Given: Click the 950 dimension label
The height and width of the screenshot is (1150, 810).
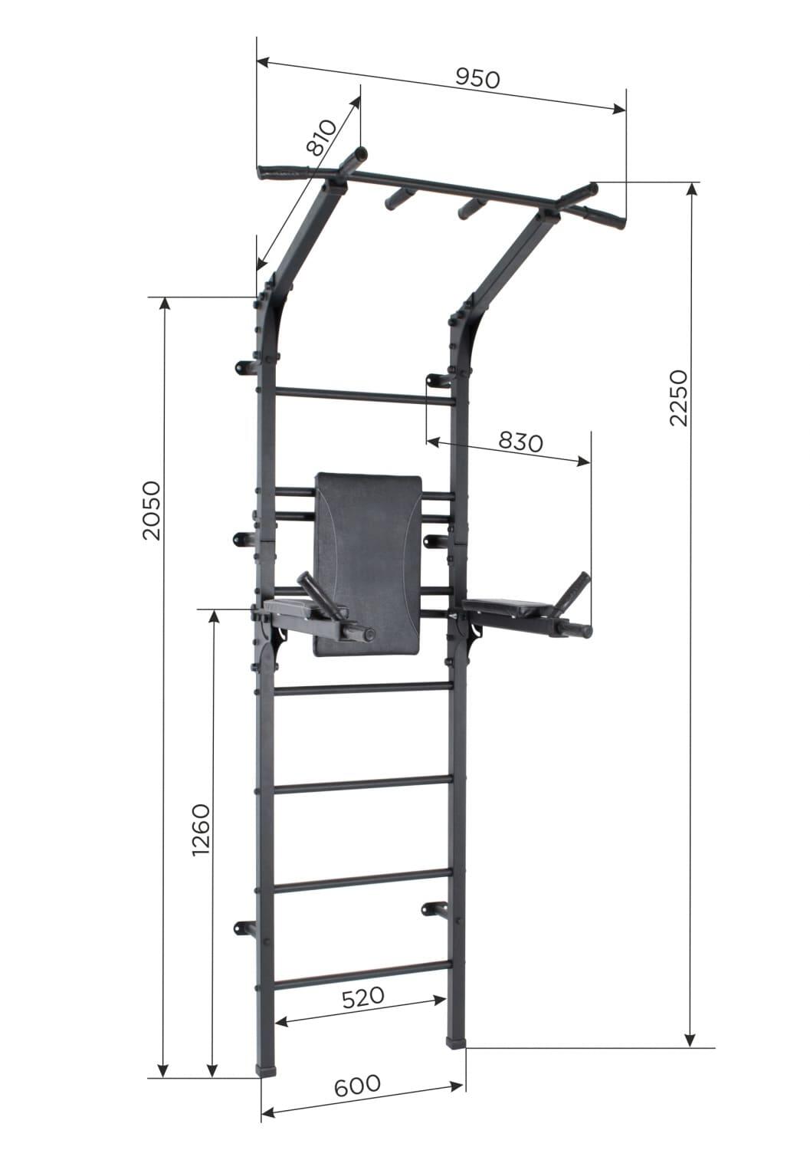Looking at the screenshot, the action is point(477,78).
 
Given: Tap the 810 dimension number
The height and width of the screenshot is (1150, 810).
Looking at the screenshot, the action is point(321,137).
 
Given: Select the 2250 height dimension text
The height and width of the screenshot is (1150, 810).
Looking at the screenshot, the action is point(678,398).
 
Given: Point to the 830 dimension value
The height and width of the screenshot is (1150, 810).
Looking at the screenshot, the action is point(520,442).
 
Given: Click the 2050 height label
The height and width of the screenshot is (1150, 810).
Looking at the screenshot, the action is point(152,511).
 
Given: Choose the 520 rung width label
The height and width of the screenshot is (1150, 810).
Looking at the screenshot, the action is point(363,997).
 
